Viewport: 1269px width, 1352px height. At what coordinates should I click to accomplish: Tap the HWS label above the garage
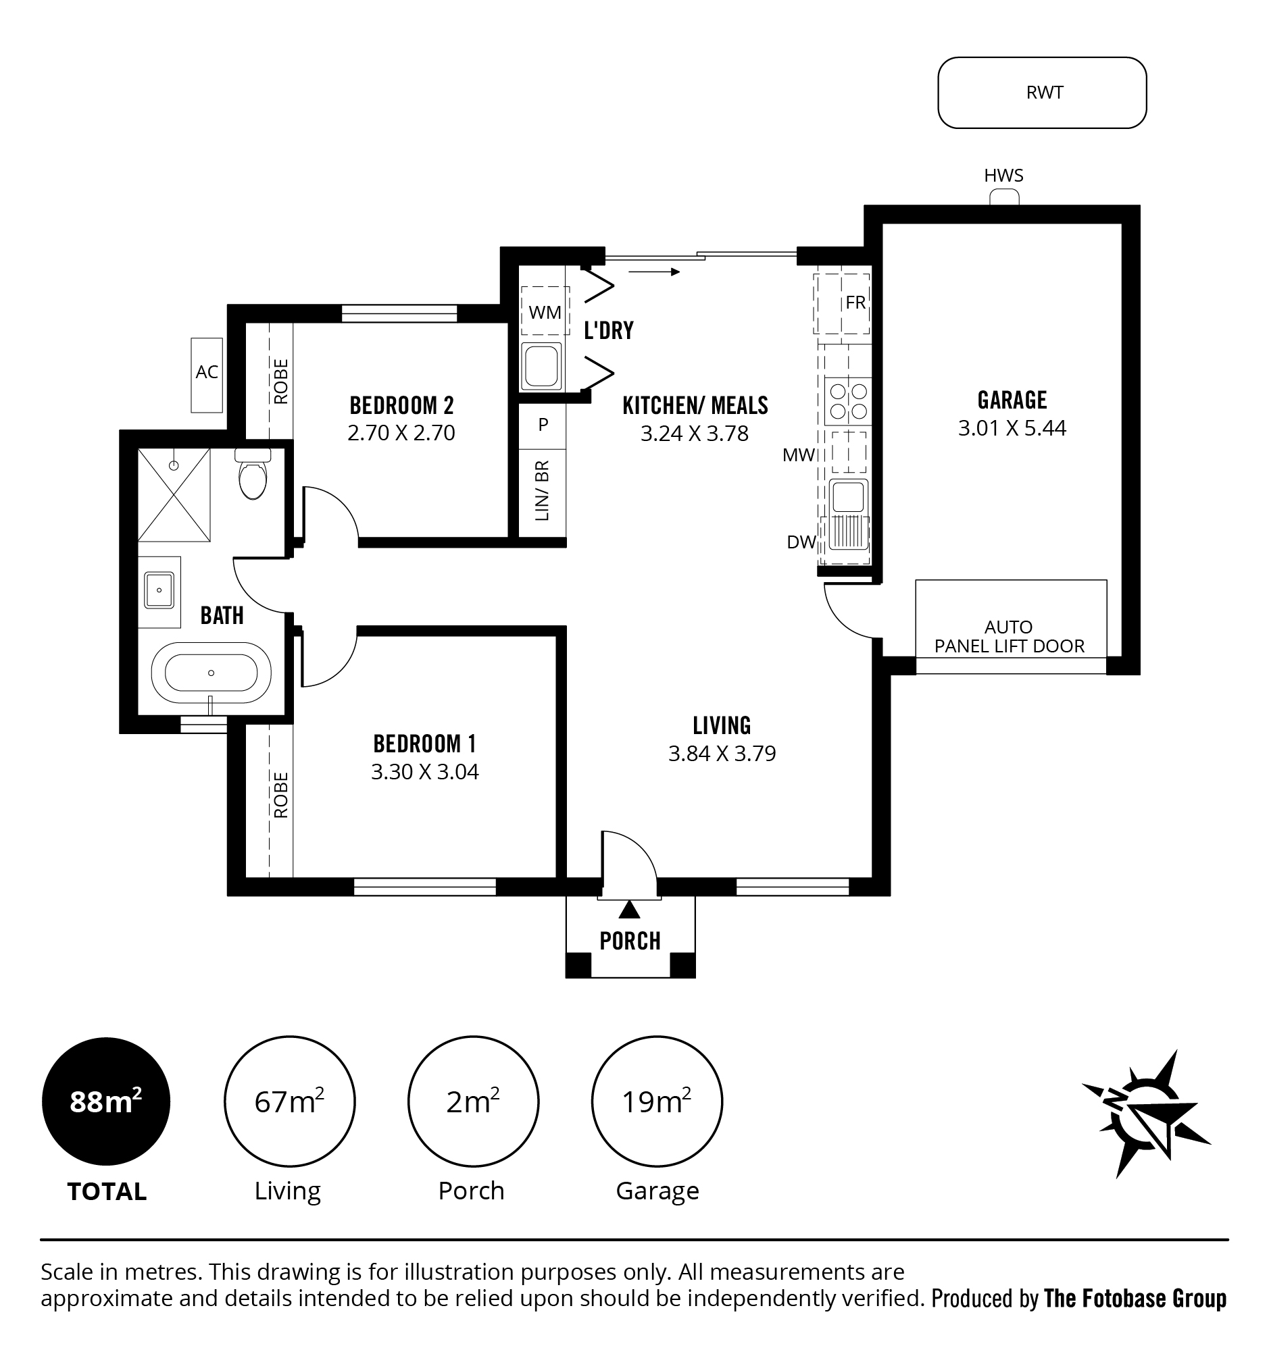(1003, 176)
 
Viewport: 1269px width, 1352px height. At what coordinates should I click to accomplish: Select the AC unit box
(207, 375)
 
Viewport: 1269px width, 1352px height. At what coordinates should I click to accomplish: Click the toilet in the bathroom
(253, 473)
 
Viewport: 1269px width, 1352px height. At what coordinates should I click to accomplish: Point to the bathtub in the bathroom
(211, 673)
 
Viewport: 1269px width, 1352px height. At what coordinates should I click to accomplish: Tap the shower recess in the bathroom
(174, 494)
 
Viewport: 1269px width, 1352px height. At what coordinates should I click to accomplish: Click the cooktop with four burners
(849, 401)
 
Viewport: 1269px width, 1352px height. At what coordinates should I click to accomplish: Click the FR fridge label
(855, 303)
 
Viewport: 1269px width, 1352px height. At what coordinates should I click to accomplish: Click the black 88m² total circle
(106, 1101)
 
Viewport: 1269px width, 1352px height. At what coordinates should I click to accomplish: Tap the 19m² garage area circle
(657, 1101)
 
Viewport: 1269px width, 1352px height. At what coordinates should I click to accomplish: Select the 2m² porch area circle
(473, 1101)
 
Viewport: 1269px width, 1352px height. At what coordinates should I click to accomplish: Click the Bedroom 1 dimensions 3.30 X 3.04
(424, 772)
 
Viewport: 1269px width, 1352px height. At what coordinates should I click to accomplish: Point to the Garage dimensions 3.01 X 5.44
(1012, 427)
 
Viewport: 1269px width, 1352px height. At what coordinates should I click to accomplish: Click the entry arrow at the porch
(630, 909)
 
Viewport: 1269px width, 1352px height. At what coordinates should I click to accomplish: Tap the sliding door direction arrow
(654, 272)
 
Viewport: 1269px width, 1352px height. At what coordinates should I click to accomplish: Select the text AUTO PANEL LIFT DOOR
(1009, 637)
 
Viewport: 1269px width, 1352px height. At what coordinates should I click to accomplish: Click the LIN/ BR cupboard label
(543, 490)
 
